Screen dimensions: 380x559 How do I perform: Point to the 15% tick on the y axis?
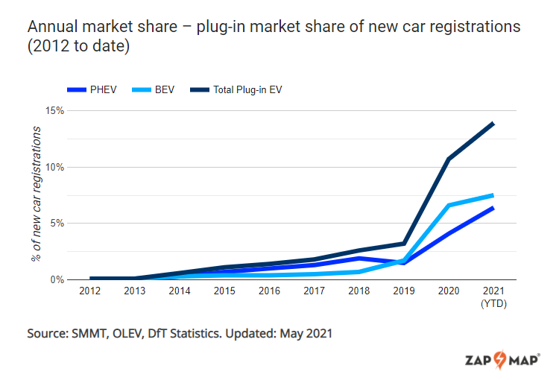pyautogui.click(x=55, y=110)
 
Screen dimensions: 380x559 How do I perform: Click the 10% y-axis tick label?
pyautogui.click(x=55, y=167)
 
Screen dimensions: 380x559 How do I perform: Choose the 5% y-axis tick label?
pyautogui.click(x=57, y=223)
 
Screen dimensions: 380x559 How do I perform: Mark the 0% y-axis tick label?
pyautogui.click(x=57, y=279)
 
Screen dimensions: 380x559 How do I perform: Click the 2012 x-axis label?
pyautogui.click(x=89, y=292)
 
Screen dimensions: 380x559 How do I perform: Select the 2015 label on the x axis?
pyautogui.click(x=224, y=292)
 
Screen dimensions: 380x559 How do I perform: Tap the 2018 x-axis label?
pyautogui.click(x=359, y=292)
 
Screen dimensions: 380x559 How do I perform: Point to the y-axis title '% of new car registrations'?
pyautogui.click(x=35, y=194)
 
